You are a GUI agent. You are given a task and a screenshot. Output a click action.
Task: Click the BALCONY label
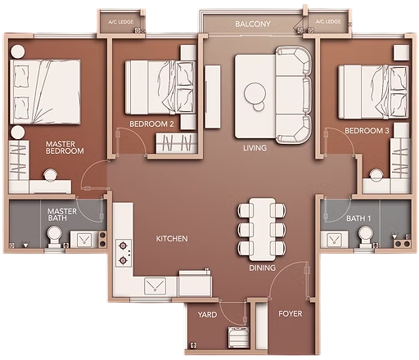(253, 24)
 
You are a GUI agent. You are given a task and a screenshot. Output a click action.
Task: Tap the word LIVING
(255, 148)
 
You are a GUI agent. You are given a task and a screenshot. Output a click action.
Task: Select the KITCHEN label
(172, 239)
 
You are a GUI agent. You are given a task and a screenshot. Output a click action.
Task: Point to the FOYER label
(291, 313)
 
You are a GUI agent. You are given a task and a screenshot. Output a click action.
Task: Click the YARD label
(207, 315)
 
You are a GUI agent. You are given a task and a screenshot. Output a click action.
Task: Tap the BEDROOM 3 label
(367, 131)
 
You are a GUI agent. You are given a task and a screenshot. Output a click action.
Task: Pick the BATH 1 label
(358, 218)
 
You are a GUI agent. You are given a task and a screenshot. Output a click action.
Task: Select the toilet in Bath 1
(365, 236)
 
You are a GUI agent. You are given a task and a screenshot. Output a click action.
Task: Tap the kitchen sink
(155, 286)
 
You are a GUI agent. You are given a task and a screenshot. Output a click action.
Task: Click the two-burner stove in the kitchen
(124, 254)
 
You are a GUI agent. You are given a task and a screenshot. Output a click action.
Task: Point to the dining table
(262, 230)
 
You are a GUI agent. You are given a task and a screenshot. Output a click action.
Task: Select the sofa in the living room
(293, 95)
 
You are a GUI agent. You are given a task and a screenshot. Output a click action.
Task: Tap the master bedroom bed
(45, 92)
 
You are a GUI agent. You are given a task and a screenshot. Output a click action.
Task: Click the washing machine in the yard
(239, 338)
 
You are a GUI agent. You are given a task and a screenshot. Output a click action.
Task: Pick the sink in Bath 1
(334, 239)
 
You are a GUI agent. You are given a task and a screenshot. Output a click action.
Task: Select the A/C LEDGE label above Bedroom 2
(120, 22)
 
